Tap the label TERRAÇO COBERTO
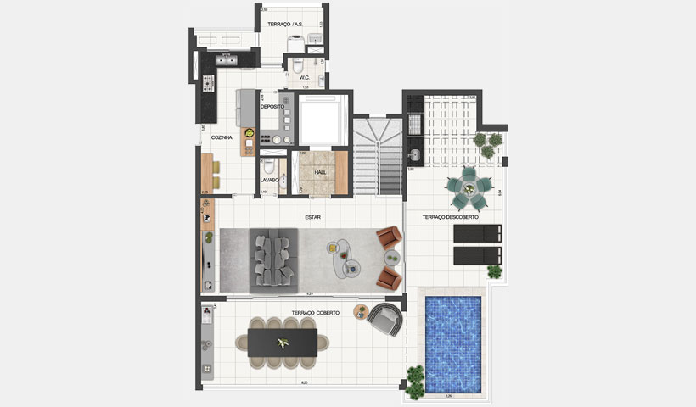tap(315, 313)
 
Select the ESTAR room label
tap(313, 217)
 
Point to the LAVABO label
tap(269, 180)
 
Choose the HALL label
tap(320, 172)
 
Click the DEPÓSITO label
tap(272, 107)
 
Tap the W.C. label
tap(304, 78)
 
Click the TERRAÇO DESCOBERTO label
tap(450, 217)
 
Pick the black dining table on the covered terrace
tap(281, 342)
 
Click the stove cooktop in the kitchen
tap(209, 84)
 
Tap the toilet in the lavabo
tap(267, 166)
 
